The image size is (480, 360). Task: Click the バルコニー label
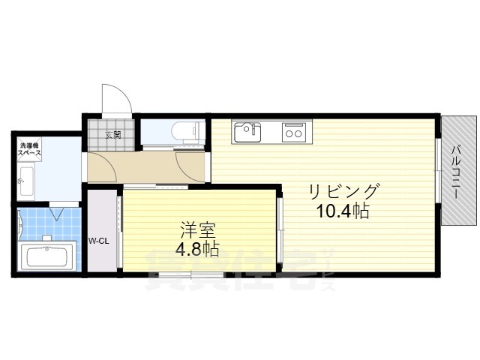click(x=457, y=170)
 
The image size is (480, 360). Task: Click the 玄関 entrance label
click(x=113, y=135)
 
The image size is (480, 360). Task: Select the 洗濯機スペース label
click(x=30, y=148)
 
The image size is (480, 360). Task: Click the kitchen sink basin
click(x=247, y=133)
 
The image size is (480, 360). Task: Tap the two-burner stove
click(x=292, y=133)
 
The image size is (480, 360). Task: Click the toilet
click(x=184, y=133)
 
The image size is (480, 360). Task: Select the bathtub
click(x=47, y=257)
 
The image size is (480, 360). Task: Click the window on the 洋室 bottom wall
click(x=191, y=275)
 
